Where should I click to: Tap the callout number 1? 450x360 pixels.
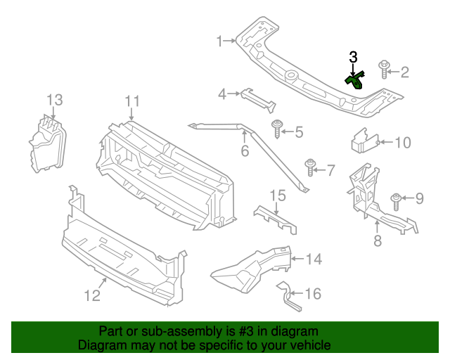(219, 41)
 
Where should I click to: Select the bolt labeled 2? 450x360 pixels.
(384, 69)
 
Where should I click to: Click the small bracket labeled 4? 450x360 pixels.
(256, 96)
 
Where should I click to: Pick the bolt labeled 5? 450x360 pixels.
(278, 129)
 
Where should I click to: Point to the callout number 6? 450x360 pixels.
(245, 151)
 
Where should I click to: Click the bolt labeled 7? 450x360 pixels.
(310, 167)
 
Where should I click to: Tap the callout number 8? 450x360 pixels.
(377, 242)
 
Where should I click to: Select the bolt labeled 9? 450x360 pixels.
(396, 200)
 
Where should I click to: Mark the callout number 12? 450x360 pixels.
(93, 296)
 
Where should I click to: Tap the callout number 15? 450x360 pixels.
(278, 195)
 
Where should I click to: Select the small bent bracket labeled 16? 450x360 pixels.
(288, 296)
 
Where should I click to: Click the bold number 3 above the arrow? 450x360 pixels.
(353, 56)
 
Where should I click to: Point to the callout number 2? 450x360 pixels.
(404, 72)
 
